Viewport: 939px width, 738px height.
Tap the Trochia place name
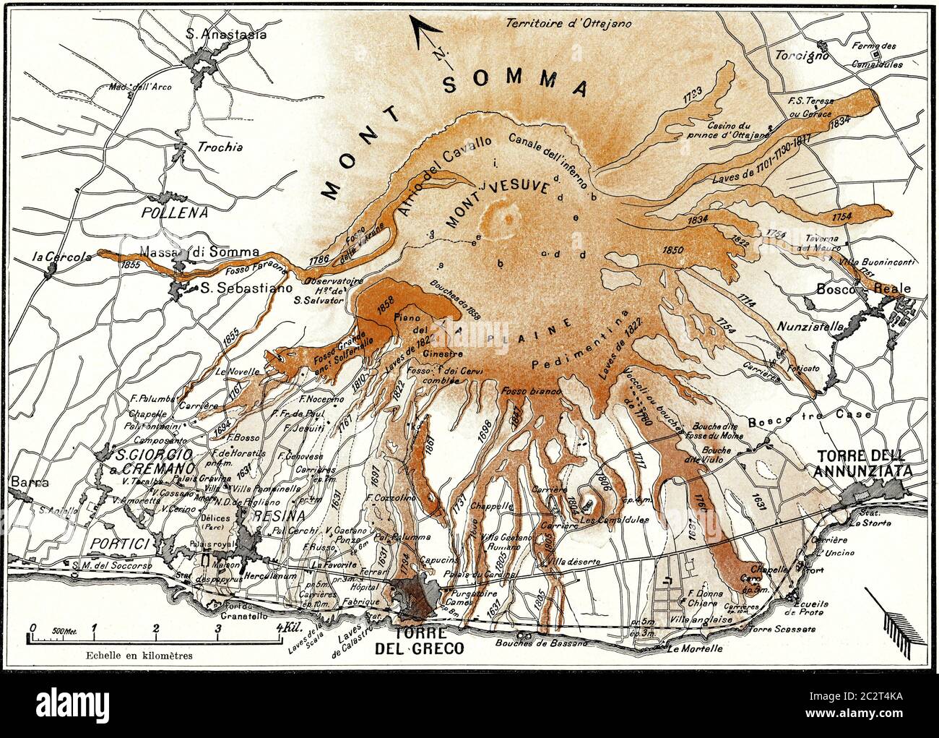click(x=220, y=147)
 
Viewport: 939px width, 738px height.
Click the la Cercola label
click(x=61, y=256)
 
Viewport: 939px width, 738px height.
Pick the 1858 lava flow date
click(x=385, y=303)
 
